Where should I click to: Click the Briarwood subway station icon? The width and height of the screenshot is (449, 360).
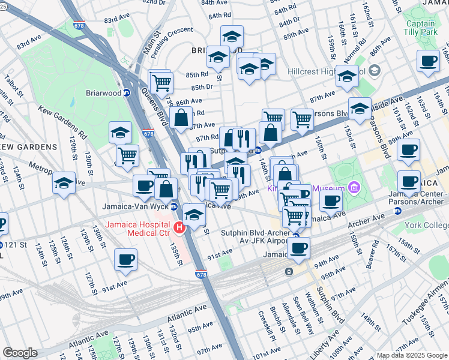pos(127,92)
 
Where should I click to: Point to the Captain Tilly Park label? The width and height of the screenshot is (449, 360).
pos(420,27)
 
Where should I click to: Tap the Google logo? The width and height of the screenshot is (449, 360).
pos(20,353)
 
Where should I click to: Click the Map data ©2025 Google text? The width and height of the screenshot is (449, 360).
pos(411,355)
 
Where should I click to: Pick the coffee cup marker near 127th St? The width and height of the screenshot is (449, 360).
pos(126,259)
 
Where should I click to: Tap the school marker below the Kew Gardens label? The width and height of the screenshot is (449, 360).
pos(64,183)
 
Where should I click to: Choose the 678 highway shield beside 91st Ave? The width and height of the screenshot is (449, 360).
pos(201,274)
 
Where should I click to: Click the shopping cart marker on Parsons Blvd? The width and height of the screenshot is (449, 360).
pos(302,119)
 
